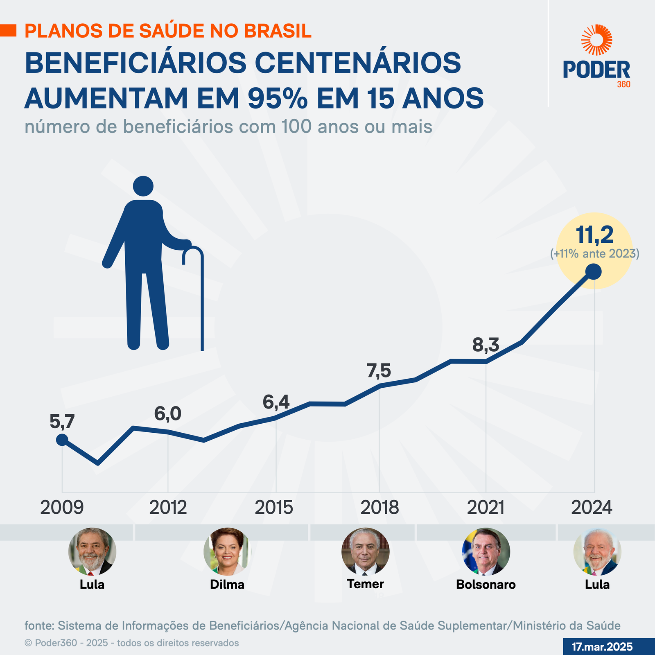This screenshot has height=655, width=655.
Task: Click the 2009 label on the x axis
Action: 62,508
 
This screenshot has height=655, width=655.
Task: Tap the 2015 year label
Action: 274,508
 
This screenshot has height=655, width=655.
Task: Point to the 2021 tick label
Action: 486,508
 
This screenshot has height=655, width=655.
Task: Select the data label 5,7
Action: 62,422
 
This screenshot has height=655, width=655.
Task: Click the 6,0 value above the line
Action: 168,414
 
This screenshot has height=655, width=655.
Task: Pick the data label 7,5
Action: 379,371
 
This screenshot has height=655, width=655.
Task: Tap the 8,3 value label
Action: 486,345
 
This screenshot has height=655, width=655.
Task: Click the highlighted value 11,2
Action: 594,235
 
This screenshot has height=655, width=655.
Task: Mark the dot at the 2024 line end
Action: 594,271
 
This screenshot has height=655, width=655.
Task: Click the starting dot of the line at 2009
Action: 62,440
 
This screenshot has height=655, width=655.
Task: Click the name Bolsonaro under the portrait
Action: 486,584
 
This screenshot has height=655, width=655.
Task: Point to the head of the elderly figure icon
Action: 143,186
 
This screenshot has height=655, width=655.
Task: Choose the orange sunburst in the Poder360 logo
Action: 596,40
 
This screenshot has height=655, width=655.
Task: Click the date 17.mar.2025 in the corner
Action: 602,647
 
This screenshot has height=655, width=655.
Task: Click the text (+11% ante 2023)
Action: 594,253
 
